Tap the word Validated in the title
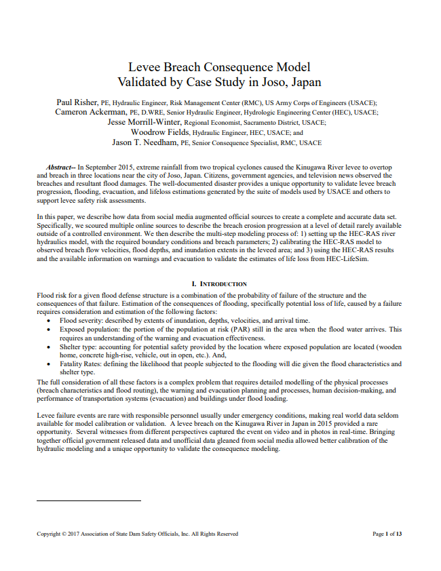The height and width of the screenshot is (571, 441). pos(145,83)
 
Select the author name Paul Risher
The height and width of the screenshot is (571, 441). pos(77,102)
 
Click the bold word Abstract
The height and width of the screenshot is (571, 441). pos(60,167)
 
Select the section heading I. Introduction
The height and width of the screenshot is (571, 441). pos(220,284)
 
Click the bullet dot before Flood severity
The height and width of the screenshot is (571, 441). pos(52,321)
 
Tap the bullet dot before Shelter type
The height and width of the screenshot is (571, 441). pos(52,347)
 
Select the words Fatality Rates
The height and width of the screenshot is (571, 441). pos(82,364)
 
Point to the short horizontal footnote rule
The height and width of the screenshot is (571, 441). pos(88,500)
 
